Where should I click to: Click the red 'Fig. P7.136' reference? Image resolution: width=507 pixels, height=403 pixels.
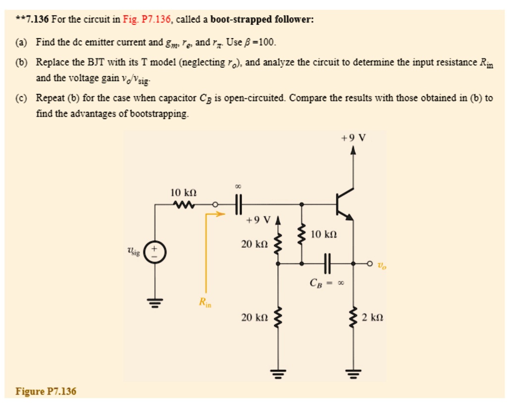coord(147,19)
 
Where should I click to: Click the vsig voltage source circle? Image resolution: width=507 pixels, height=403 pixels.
coord(155,252)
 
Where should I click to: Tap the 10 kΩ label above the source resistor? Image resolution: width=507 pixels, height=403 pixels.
coord(183,193)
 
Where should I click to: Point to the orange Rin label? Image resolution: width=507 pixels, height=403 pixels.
coord(205,303)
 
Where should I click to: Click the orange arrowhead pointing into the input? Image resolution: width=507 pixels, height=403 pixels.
coord(221,214)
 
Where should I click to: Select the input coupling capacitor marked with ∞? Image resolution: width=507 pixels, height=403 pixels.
coord(238,204)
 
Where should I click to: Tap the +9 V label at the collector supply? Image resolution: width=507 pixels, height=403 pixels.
coord(354,138)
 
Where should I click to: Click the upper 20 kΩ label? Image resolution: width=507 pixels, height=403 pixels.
coord(254,244)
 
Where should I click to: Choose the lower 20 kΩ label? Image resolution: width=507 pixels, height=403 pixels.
coord(254,317)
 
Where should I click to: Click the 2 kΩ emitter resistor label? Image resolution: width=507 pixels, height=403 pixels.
coord(372,317)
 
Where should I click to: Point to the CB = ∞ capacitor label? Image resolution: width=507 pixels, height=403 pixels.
coord(327,283)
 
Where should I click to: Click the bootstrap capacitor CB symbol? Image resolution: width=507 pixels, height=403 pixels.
coord(327,263)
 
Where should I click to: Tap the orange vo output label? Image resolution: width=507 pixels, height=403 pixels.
coord(382,266)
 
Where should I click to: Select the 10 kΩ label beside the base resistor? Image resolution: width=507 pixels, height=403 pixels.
coord(324,234)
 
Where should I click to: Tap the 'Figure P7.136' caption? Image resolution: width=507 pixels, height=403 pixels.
coord(46,391)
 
